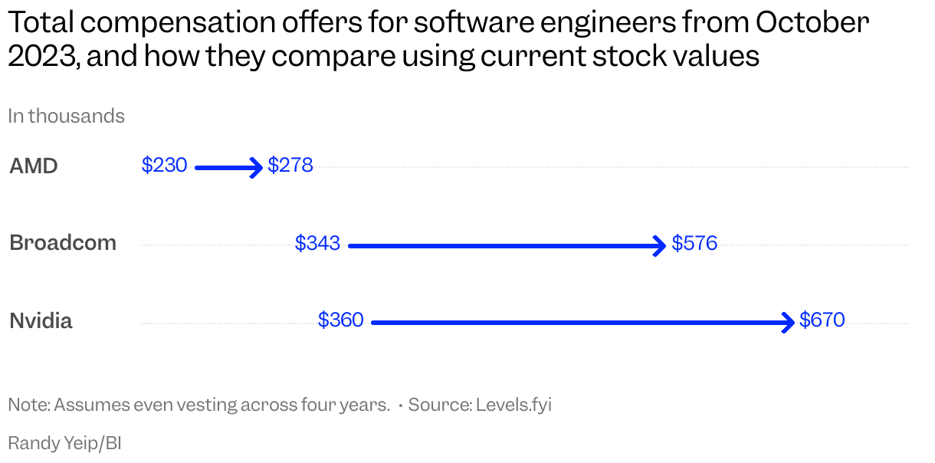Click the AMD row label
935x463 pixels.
point(34,166)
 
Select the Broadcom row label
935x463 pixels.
point(63,243)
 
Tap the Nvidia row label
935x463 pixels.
point(41,320)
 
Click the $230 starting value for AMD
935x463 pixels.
point(164,165)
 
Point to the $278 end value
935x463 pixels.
point(290,165)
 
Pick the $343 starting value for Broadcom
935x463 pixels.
point(317,243)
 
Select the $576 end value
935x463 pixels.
point(694,243)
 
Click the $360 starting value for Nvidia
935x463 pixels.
point(341,320)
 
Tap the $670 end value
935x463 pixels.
point(822,320)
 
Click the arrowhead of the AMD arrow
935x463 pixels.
point(258,167)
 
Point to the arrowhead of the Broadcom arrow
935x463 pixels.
point(660,246)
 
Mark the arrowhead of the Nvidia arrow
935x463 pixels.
point(789,323)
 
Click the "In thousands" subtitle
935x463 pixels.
point(66,116)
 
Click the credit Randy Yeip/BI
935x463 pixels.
point(64,442)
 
